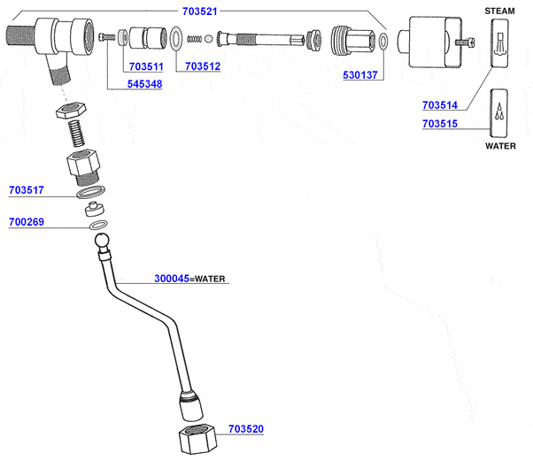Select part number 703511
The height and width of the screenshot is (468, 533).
145,66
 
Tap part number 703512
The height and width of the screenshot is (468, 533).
203,66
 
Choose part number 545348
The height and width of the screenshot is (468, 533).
145,85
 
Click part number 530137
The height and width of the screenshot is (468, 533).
361,77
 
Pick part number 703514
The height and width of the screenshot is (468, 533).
440,105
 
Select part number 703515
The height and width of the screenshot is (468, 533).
440,124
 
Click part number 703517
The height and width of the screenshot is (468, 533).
27,190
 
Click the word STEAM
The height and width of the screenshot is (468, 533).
499,10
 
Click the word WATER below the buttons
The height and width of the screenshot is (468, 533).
500,146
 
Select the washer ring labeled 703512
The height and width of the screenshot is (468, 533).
176,38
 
